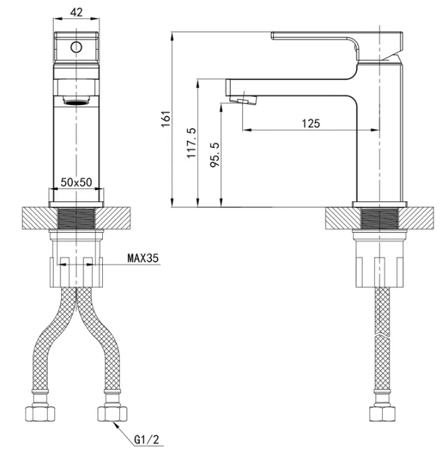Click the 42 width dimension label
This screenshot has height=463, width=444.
click(x=77, y=12)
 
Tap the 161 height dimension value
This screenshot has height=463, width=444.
click(x=166, y=118)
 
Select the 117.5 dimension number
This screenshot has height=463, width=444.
click(x=191, y=143)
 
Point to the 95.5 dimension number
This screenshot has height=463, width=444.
click(x=215, y=155)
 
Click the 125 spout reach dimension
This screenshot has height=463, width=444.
click(x=311, y=123)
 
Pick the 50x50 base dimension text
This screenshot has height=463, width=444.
click(x=77, y=182)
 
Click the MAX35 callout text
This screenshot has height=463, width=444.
click(x=143, y=258)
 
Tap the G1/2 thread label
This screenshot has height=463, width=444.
click(x=147, y=439)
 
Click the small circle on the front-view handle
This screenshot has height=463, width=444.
click(x=76, y=47)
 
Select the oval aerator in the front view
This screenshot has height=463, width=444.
click(x=76, y=102)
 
